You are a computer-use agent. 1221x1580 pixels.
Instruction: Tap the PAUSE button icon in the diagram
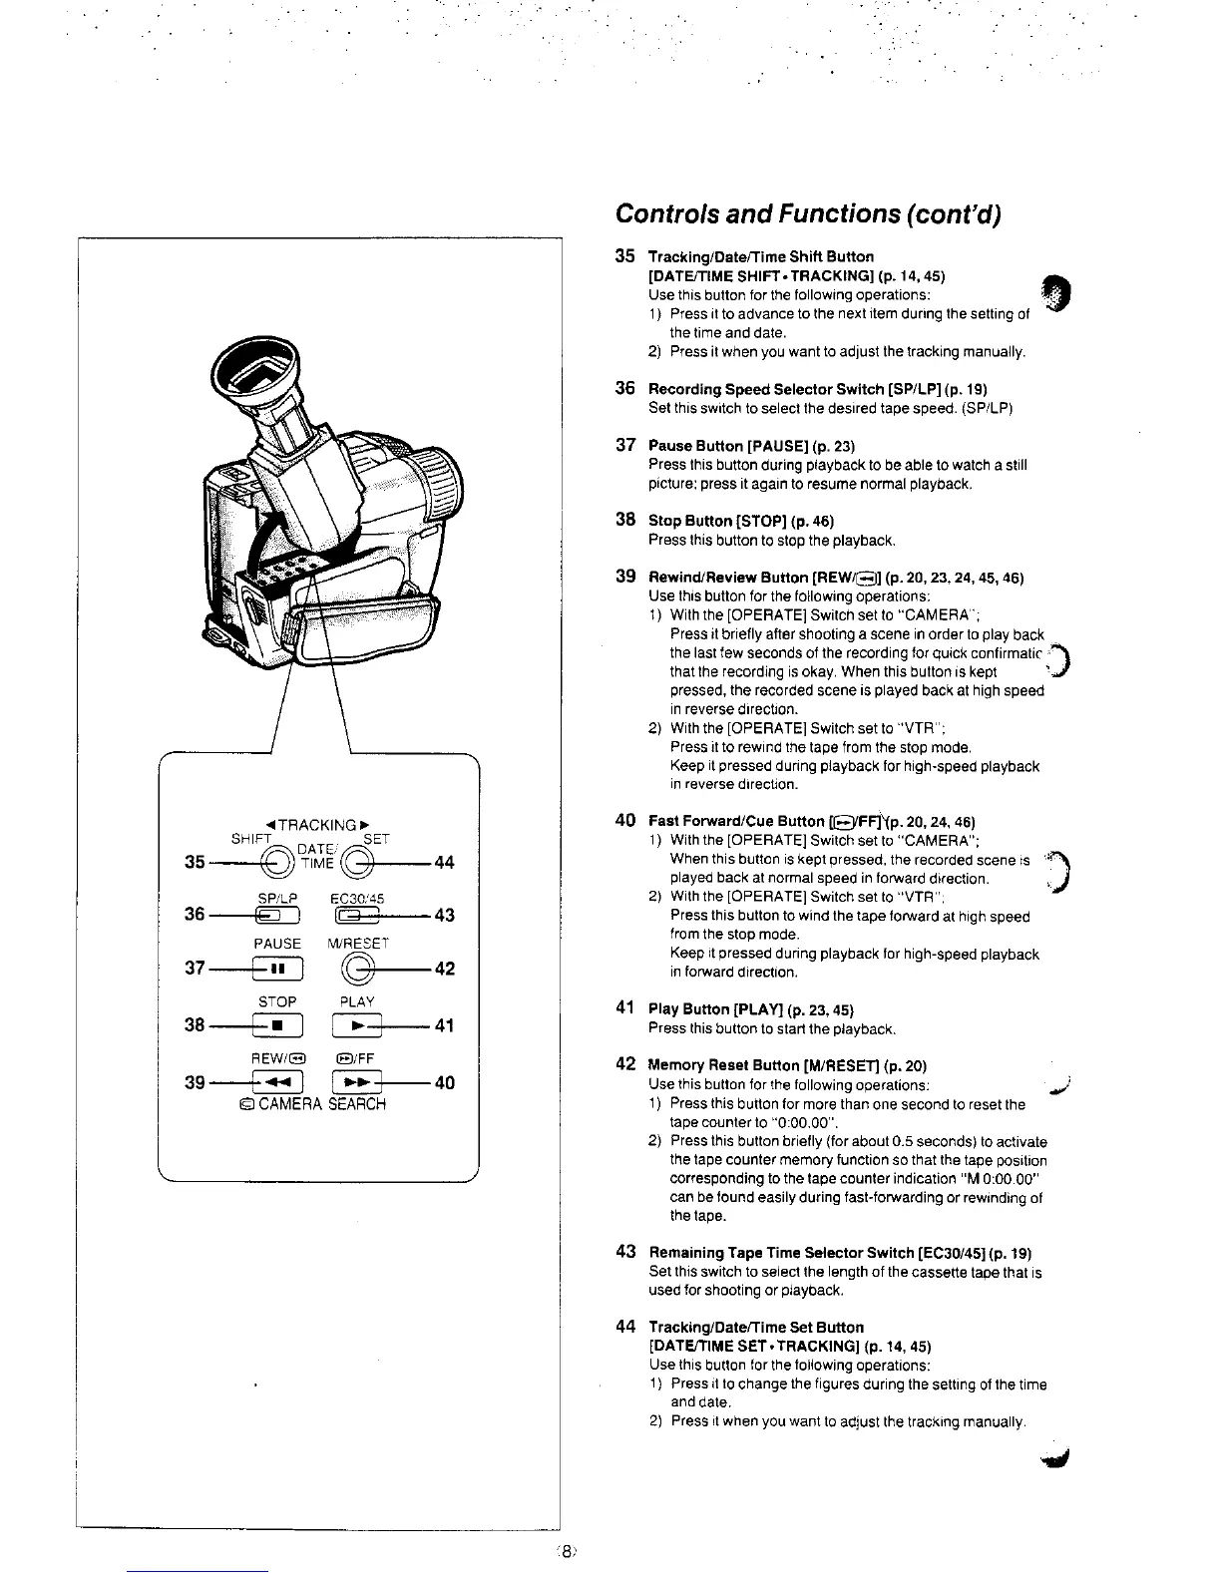(277, 969)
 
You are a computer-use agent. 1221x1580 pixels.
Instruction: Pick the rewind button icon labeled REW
(277, 1082)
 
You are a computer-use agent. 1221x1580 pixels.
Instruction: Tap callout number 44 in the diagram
(444, 863)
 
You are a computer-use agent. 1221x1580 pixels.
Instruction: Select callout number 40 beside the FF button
(444, 1082)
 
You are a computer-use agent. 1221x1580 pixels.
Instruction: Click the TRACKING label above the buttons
(316, 825)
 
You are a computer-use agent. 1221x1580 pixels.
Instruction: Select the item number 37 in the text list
(625, 445)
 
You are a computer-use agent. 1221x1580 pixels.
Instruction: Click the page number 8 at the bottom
(566, 1551)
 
